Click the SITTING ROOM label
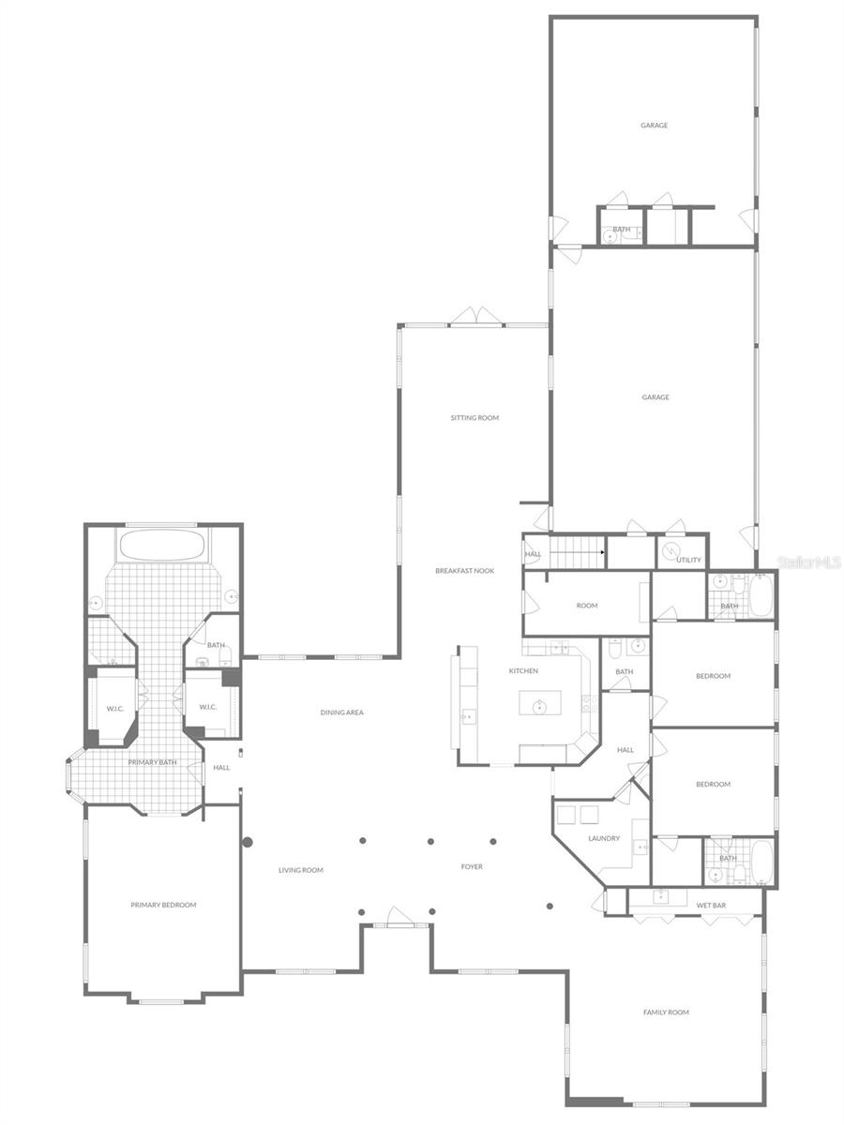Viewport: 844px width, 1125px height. pos(475,417)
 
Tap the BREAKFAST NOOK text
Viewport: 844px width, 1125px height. pos(464,571)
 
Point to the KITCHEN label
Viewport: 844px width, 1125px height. pos(523,671)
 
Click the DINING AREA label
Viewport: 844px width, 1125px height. pos(341,712)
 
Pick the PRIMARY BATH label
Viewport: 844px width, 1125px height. pos(152,762)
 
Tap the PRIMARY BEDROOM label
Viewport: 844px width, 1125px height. pos(163,905)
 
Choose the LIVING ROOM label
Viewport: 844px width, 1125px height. pos(300,870)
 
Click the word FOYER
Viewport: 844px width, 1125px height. pos(472,867)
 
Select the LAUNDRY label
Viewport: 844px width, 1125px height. pos(604,838)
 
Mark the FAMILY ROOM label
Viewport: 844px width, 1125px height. pos(666,1012)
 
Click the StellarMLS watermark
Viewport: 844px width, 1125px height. pos(809,562)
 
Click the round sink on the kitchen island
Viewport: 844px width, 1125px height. pos(540,707)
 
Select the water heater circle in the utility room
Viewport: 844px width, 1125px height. pos(671,552)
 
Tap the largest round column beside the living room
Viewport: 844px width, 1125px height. pos(248,842)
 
